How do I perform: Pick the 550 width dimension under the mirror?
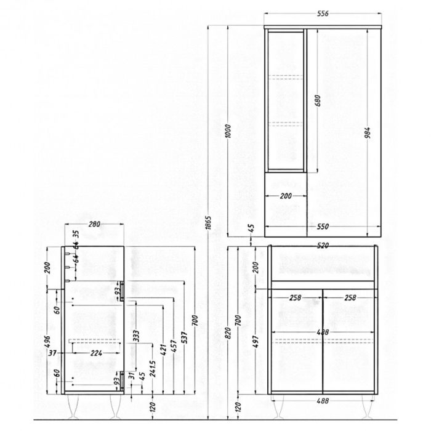pyautogui.click(x=323, y=226)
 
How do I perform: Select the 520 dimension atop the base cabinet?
pyautogui.click(x=323, y=245)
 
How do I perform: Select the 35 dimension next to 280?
pyautogui.click(x=76, y=234)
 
